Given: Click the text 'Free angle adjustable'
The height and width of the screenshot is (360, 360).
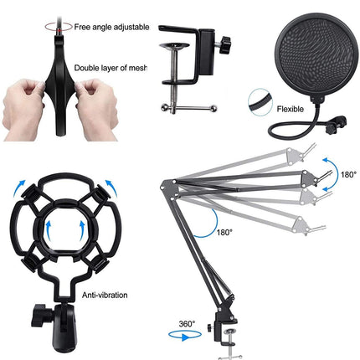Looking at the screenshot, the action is pos(111,27).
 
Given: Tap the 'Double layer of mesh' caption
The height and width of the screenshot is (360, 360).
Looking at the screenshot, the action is pos(111,68).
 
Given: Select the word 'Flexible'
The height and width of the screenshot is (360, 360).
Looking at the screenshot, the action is pos(291,109).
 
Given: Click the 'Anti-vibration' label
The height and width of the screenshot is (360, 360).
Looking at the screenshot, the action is pos(105,295).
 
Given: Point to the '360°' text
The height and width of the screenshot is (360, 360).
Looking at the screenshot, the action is pos(187,324).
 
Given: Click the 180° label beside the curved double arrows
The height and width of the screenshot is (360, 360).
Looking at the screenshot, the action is pos(348,175).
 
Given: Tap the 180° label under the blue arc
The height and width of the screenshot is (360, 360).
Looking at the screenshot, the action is pos(224,232).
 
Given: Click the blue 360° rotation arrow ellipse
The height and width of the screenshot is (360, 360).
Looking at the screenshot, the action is pos(185,335).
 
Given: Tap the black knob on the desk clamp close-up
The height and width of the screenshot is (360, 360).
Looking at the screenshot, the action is pos(224,44).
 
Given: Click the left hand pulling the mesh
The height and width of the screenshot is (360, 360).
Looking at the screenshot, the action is pos(23,109).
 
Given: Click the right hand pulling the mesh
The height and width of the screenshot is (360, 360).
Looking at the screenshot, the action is pos(96,109).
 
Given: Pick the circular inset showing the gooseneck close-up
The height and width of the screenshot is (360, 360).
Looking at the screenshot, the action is pos(260,102).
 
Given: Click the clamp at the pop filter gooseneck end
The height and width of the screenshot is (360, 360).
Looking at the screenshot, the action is pos(337,124).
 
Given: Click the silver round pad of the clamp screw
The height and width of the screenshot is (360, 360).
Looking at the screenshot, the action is pos(175,46).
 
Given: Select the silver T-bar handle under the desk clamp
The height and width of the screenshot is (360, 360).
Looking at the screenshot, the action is pos(189,108).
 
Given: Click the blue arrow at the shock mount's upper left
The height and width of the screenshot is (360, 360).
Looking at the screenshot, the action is pos(19,188).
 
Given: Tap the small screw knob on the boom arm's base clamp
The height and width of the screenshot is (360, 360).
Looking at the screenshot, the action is pos(210,327).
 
